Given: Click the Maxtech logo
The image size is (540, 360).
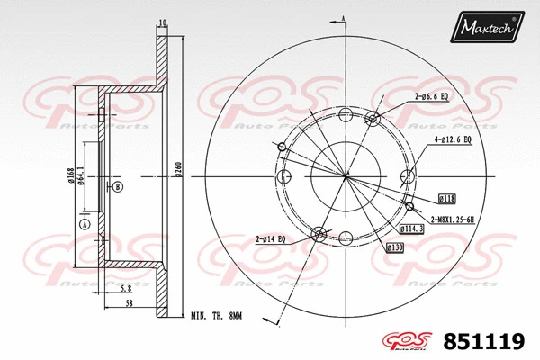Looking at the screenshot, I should click(489, 29).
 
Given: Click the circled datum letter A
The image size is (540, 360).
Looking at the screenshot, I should click(85, 223).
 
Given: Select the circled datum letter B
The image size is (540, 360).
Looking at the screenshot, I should click(117, 187).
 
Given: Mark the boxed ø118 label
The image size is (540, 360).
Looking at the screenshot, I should click(446, 197).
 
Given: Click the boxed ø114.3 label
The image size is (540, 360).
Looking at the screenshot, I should click(412, 230).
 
